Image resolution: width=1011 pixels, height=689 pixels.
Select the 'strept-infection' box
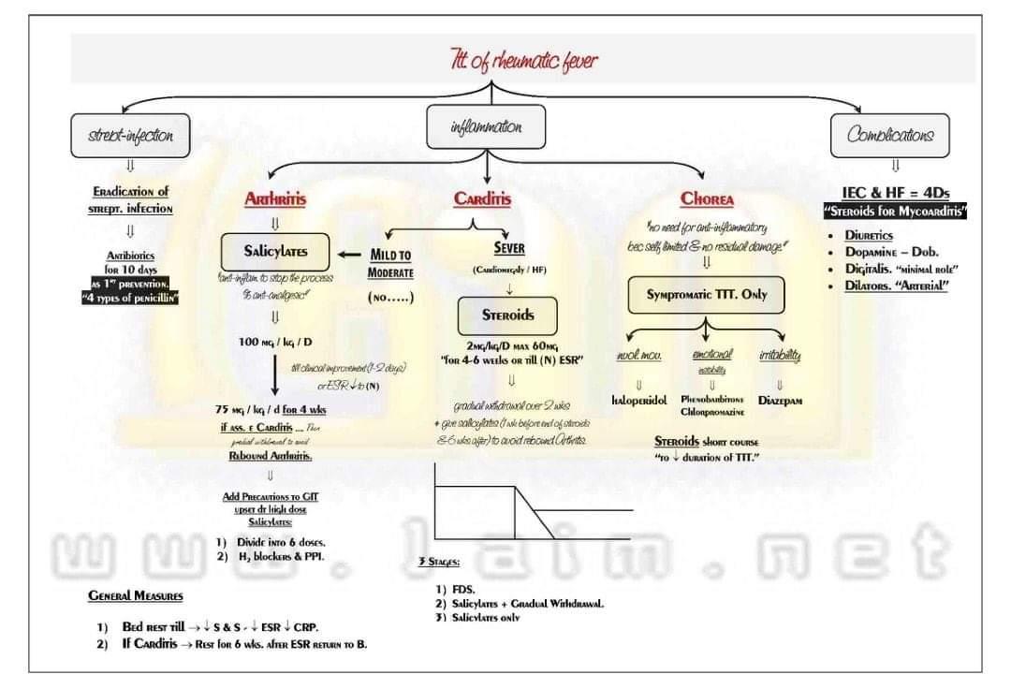(130, 135)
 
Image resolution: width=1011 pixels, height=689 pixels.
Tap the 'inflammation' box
(486, 126)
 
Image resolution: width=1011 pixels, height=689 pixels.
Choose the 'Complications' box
(889, 135)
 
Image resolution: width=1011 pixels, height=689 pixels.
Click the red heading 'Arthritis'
(275, 198)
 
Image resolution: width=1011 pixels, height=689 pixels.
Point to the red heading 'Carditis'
(482, 198)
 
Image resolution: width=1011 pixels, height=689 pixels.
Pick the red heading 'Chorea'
(707, 198)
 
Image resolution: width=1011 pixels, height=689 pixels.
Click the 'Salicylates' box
(275, 251)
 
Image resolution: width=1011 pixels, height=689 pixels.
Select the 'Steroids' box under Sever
(507, 315)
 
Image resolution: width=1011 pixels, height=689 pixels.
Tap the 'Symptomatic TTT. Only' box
(707, 294)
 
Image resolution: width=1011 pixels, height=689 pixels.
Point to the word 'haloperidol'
(639, 400)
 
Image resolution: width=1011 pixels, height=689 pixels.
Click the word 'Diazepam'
(780, 400)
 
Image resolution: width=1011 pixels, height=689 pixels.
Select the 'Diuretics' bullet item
(869, 236)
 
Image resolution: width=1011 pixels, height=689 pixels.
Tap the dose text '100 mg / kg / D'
(275, 341)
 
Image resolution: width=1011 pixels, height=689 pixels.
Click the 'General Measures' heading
(136, 595)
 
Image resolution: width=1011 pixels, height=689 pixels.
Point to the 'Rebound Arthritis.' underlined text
(271, 456)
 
